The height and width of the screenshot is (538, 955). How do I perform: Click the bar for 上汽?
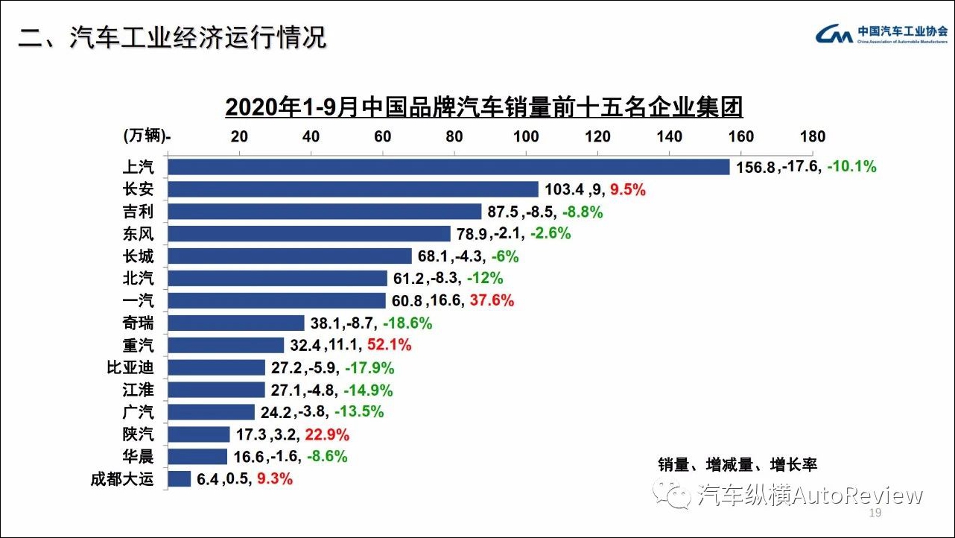coord(448,167)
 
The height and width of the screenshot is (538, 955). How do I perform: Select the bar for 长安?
coord(353,189)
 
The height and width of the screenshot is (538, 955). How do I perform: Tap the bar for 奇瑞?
coord(236,323)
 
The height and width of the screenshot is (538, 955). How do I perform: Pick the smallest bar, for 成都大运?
coord(180,479)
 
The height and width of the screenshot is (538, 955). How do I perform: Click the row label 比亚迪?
coord(131,367)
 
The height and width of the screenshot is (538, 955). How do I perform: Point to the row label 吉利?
coord(138,212)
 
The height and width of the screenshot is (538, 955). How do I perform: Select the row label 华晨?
coord(138,457)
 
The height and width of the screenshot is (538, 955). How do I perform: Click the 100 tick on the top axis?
coord(526,136)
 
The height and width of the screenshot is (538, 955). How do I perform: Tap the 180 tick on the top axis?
coord(813,136)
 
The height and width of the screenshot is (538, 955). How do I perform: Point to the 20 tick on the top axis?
coord(239,136)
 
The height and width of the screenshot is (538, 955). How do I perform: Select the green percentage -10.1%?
coord(851,167)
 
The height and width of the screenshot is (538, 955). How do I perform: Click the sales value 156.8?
coord(755,168)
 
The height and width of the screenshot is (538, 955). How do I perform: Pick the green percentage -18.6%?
coord(407,323)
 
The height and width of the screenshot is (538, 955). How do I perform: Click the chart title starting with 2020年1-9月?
coord(483,107)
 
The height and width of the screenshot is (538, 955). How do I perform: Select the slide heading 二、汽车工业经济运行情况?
coord(173,37)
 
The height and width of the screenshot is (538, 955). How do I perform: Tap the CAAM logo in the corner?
coord(834,34)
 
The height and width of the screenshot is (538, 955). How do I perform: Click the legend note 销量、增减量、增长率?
coord(737,465)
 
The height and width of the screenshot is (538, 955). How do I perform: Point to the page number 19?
coord(875,514)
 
